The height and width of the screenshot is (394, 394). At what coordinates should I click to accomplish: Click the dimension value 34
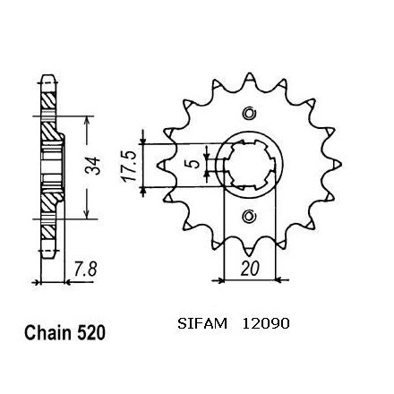(93, 167)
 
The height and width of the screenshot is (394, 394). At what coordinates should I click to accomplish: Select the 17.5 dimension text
(129, 167)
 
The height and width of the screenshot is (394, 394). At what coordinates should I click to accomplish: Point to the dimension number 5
(194, 164)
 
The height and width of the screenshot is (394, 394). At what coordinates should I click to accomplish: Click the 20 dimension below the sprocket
(249, 269)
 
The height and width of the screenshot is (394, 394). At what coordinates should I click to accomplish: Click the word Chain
(48, 332)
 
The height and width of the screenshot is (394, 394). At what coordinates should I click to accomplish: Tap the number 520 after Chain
(91, 332)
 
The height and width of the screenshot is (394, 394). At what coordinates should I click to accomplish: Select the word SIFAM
(202, 323)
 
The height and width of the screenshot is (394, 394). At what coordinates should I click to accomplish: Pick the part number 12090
(266, 323)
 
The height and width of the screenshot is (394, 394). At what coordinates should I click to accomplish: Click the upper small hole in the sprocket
(249, 114)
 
